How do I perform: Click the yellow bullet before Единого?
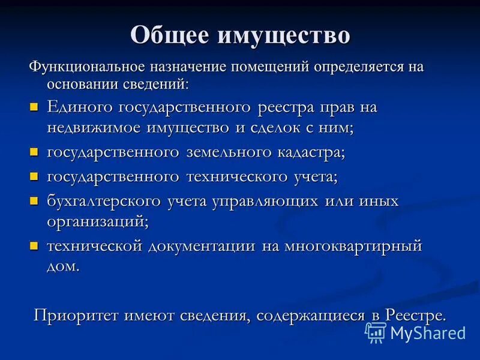34,107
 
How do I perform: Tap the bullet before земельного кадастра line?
34,152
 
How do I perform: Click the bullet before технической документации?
34,245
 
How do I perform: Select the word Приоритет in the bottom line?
76,314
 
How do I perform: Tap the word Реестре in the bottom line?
415,314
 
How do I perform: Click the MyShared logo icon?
376,332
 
